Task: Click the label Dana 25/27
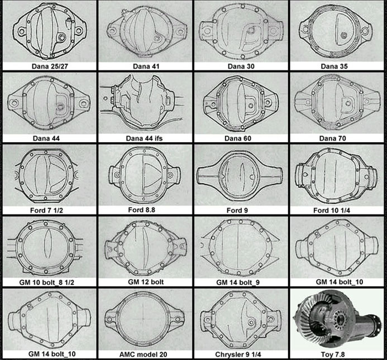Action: coord(50,66)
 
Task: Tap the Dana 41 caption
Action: coord(146,66)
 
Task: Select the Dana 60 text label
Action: coord(238,138)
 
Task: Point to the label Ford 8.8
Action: coord(142,210)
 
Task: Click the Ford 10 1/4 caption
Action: coord(332,210)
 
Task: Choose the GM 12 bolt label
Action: coord(146,282)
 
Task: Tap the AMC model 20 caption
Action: coord(143,354)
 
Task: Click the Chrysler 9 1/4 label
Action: coord(238,354)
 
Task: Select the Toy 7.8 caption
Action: coord(333,354)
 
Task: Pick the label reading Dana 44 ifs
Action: coord(144,138)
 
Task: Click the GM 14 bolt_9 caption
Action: coord(238,282)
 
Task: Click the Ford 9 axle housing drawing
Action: coord(240,176)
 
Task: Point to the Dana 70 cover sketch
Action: coord(337,102)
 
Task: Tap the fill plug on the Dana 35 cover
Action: coord(343,35)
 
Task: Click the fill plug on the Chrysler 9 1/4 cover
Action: coord(251,321)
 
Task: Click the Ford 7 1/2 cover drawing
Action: coord(46,175)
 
